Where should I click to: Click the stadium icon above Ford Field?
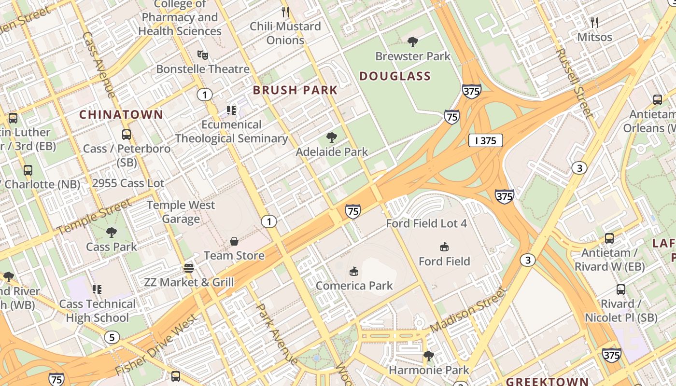click(x=444, y=247)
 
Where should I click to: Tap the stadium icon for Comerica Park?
click(x=354, y=271)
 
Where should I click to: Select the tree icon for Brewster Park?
click(x=413, y=42)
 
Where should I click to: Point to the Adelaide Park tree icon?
click(x=332, y=138)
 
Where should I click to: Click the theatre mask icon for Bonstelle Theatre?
click(x=203, y=55)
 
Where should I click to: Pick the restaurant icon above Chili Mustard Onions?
click(x=285, y=12)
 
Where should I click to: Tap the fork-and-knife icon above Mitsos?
click(x=594, y=23)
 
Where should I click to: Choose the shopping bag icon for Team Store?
click(x=234, y=241)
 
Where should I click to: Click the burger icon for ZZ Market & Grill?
click(x=189, y=268)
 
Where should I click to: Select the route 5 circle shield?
click(x=112, y=337)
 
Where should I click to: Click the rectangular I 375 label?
click(x=485, y=141)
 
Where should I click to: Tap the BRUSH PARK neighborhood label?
click(x=295, y=90)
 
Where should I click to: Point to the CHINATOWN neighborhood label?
click(x=121, y=115)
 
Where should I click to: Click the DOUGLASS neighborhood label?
click(x=395, y=76)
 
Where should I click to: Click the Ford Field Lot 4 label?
click(x=426, y=223)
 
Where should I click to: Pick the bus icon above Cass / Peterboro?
click(x=127, y=135)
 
